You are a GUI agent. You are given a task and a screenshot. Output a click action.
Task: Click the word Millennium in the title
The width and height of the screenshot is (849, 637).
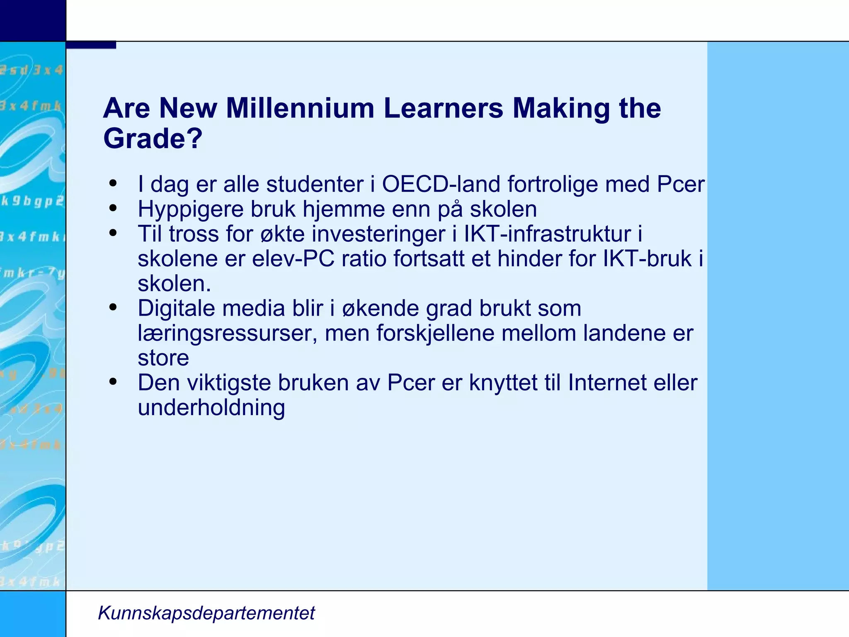coord(300,108)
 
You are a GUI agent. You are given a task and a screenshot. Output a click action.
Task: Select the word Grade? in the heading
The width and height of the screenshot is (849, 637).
coord(153,138)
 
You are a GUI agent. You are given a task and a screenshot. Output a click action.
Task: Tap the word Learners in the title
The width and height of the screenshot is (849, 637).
coord(443,108)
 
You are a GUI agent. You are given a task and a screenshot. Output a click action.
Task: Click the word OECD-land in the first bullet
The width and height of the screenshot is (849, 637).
coord(441,184)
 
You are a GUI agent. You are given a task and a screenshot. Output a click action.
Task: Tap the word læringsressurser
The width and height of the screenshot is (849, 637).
coord(227,333)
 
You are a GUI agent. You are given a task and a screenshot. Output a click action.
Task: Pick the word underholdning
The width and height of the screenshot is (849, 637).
coord(211,408)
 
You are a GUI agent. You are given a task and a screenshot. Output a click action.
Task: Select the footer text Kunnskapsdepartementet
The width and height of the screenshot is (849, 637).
coord(206,613)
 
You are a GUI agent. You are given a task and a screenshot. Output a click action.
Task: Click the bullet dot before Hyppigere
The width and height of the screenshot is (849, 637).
coord(113,208)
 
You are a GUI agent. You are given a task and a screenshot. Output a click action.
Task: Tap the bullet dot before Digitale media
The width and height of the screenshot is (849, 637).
coord(113,307)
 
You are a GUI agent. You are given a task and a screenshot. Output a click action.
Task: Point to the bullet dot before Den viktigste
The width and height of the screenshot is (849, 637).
coord(113,382)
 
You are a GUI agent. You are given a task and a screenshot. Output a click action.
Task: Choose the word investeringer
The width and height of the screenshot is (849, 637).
coord(378,234)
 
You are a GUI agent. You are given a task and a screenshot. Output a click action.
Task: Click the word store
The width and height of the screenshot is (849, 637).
coord(163,358)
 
